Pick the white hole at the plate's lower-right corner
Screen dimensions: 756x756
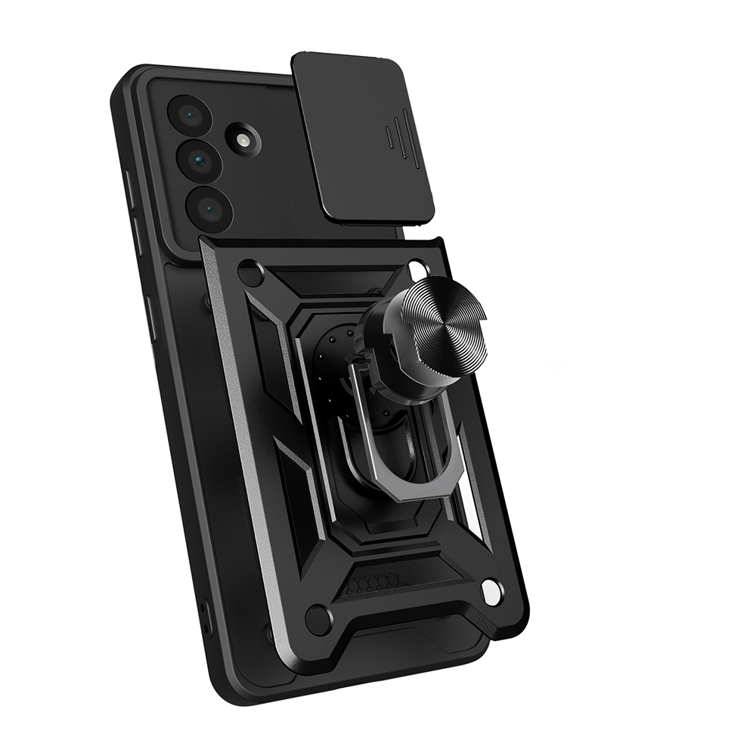pyautogui.click(x=491, y=590)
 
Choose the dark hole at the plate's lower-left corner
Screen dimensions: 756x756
pyautogui.click(x=317, y=619)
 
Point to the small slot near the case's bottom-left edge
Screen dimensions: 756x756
pyautogui.click(x=203, y=616)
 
